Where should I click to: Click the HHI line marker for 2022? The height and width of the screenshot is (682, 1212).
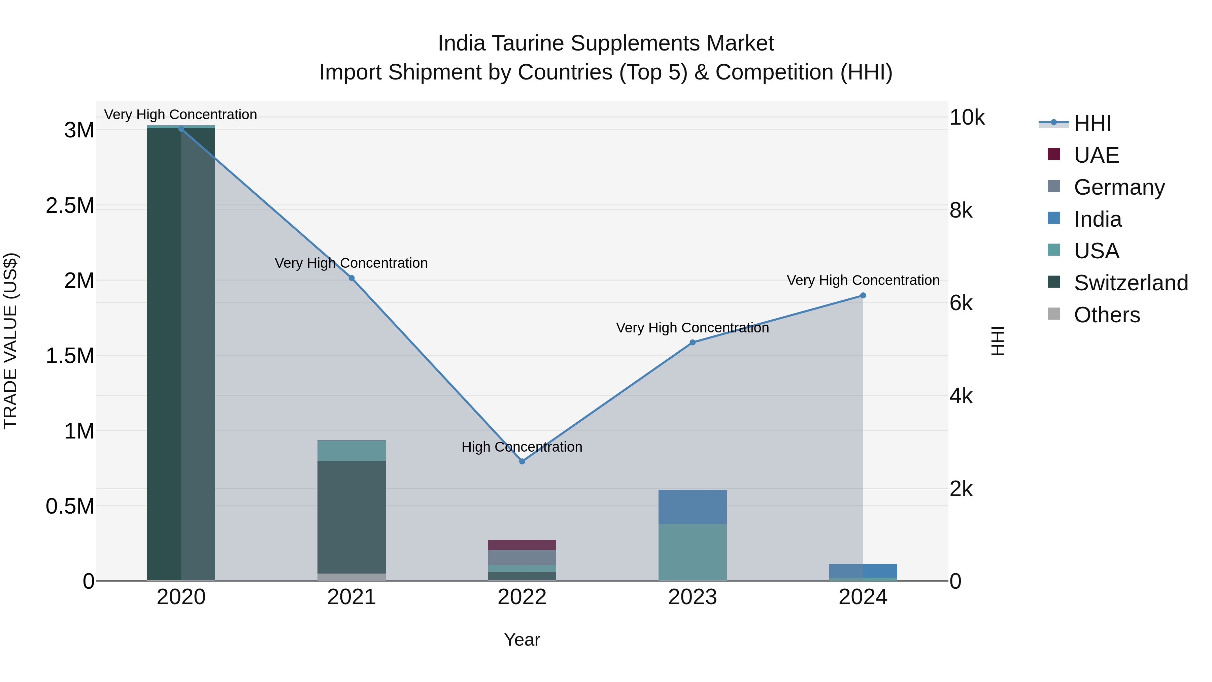(522, 461)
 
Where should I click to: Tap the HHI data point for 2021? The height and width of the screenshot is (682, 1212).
(351, 278)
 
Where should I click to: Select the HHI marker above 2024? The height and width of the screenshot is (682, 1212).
(863, 296)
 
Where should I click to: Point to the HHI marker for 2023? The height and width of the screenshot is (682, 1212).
(692, 343)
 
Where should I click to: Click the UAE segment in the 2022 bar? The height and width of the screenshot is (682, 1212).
(522, 545)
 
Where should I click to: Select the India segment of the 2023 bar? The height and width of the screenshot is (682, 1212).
(692, 507)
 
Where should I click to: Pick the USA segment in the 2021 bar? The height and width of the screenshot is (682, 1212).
(351, 450)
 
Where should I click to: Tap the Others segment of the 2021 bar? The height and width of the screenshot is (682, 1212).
(351, 577)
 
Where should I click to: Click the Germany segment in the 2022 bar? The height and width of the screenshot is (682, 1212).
(522, 558)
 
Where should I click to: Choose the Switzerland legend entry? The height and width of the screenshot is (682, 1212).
(1131, 283)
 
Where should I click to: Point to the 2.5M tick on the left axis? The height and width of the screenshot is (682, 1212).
(70, 206)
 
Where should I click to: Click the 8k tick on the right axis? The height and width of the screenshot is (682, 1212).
(961, 210)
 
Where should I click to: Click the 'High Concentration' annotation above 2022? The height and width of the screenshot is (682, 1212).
(522, 447)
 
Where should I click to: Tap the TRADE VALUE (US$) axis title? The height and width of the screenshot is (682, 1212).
(10, 341)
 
